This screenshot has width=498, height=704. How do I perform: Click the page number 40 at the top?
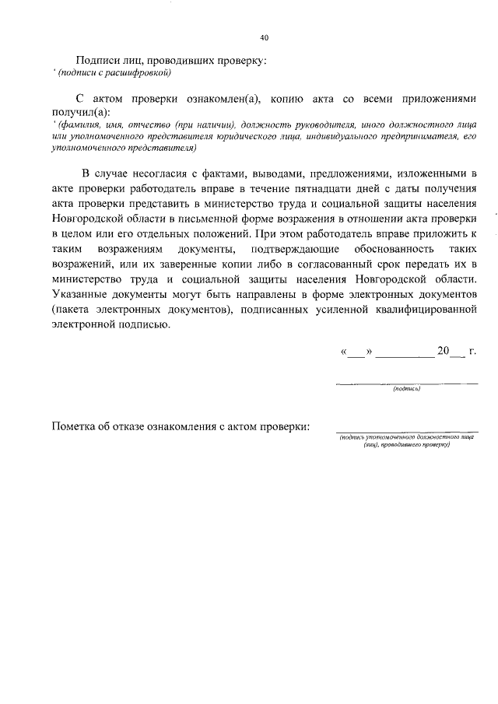click(264, 37)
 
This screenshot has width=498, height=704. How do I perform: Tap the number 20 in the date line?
click(444, 351)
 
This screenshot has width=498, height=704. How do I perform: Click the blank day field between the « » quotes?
click(355, 353)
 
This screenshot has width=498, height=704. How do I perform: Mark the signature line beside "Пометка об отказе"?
click(406, 432)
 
